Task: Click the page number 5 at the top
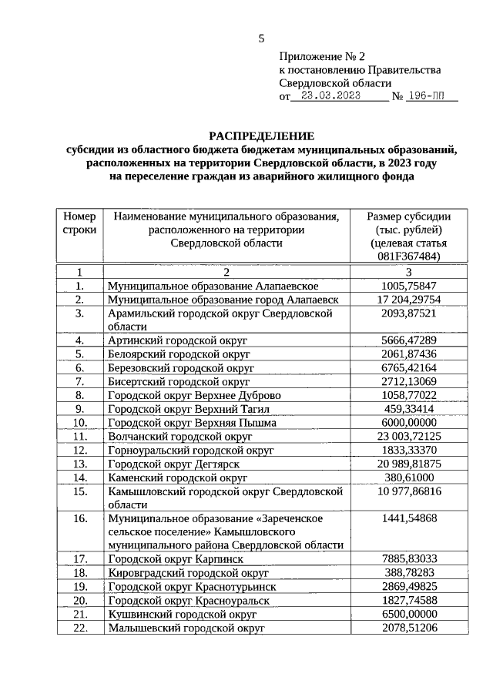[261, 39]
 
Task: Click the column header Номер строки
[79, 223]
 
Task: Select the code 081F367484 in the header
[409, 256]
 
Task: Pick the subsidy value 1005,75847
[409, 286]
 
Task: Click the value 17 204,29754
[409, 300]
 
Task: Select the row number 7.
[79, 381]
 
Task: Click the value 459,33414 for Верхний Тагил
[409, 409]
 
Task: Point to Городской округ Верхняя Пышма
[186, 423]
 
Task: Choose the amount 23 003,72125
[409, 437]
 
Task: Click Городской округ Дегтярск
[174, 464]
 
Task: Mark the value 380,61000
[409, 478]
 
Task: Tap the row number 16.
[79, 518]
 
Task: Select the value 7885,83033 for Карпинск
[409, 558]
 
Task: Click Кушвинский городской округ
[183, 614]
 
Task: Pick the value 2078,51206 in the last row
[409, 628]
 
